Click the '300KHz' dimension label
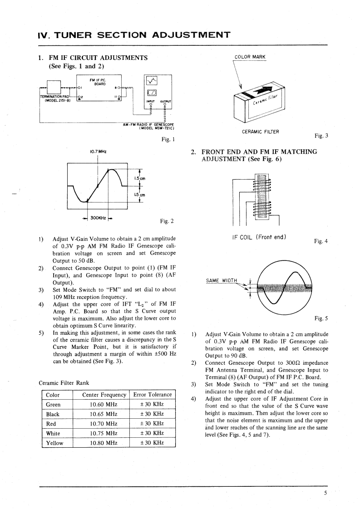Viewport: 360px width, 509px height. click(98, 218)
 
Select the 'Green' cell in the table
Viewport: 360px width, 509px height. click(54, 405)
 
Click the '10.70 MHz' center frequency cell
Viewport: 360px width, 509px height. click(103, 424)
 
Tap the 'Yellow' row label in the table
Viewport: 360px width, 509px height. click(55, 443)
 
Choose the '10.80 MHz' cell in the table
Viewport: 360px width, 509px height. click(103, 443)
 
